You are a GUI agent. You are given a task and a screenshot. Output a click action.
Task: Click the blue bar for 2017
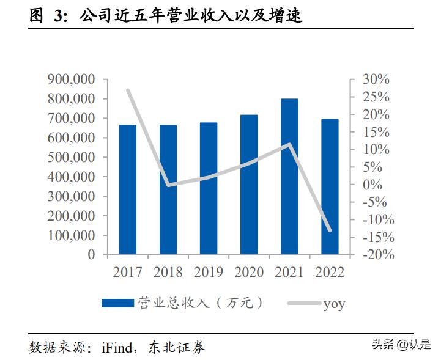[x=127, y=189]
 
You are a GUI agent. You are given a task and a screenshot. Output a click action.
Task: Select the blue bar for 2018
[x=168, y=189]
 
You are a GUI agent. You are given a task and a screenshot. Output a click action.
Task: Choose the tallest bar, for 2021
[x=289, y=177]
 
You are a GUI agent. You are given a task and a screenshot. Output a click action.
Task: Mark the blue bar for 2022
[x=330, y=186]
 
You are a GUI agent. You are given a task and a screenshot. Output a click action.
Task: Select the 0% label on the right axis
[x=372, y=185]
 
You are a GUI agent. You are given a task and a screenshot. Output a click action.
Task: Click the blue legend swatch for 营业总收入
[x=117, y=303]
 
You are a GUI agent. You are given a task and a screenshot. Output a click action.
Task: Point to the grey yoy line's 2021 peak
[x=289, y=145]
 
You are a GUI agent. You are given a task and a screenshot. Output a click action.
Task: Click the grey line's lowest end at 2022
[x=330, y=230]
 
